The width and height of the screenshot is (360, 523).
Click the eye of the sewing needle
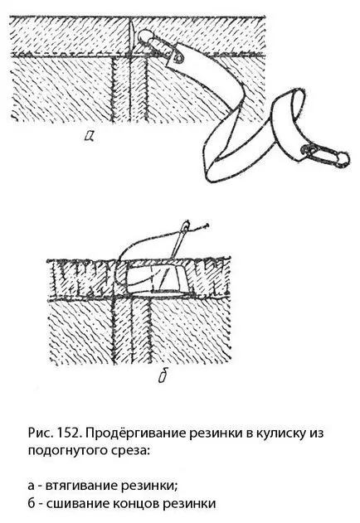(185, 227)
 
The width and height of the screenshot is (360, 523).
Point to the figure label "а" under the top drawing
(90, 135)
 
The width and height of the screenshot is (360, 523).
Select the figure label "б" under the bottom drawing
(163, 376)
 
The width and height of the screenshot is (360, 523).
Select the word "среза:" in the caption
(130, 451)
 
